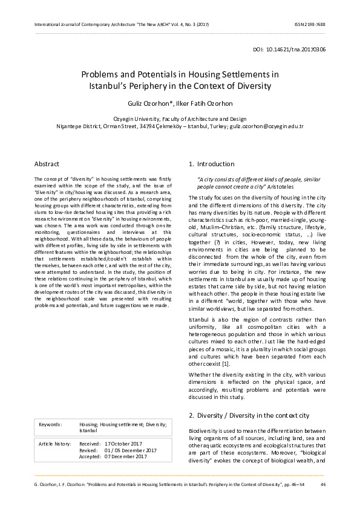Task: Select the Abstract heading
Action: click(x=47, y=164)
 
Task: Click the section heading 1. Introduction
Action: click(x=211, y=164)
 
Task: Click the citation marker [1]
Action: click(x=226, y=364)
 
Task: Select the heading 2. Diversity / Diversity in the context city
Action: click(x=249, y=416)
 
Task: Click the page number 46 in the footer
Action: click(x=323, y=485)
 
